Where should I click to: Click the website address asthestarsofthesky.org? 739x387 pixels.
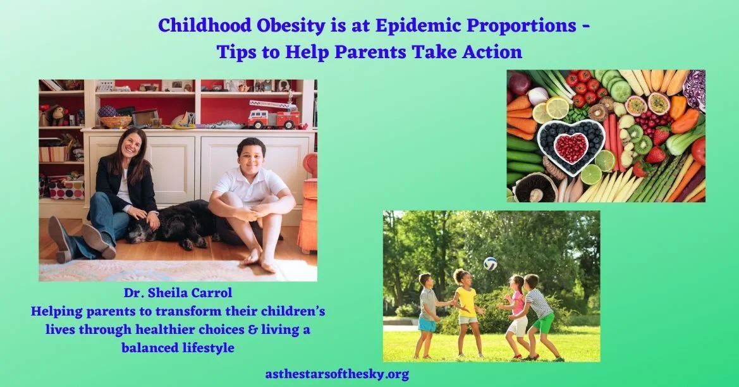(x=337, y=374)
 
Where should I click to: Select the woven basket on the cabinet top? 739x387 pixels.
(x=116, y=121)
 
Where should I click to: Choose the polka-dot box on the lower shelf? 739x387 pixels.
(x=67, y=189)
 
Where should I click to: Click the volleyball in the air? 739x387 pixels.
(x=490, y=264)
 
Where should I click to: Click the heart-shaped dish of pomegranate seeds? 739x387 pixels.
(x=571, y=147)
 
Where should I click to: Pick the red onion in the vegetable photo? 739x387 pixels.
(x=519, y=82)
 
